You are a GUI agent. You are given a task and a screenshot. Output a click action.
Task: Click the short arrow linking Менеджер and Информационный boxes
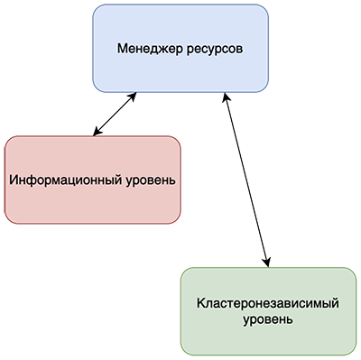pyautogui.click(x=116, y=113)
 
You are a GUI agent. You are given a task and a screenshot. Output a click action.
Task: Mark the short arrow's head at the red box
pyautogui.click(x=96, y=134)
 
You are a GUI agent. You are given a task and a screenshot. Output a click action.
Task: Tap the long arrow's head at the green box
pyautogui.click(x=267, y=263)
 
